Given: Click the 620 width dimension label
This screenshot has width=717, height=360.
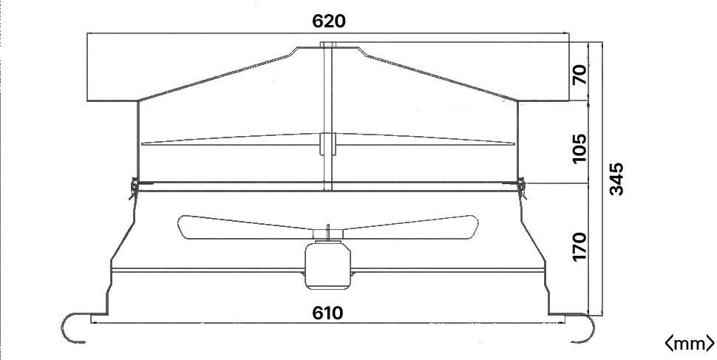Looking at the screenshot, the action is point(329,21).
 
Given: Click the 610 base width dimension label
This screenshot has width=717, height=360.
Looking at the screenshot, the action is point(327,313).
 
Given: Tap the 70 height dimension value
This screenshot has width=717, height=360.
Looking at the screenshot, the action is point(579,75).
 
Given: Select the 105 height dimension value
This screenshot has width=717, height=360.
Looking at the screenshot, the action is point(579,148).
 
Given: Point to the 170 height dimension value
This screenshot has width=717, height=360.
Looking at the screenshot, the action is point(579,247).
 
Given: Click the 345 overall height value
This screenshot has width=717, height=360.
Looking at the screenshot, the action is point(616,179).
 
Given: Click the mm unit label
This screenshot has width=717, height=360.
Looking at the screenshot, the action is point(689,343).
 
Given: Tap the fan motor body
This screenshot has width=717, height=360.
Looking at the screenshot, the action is point(327,265).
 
